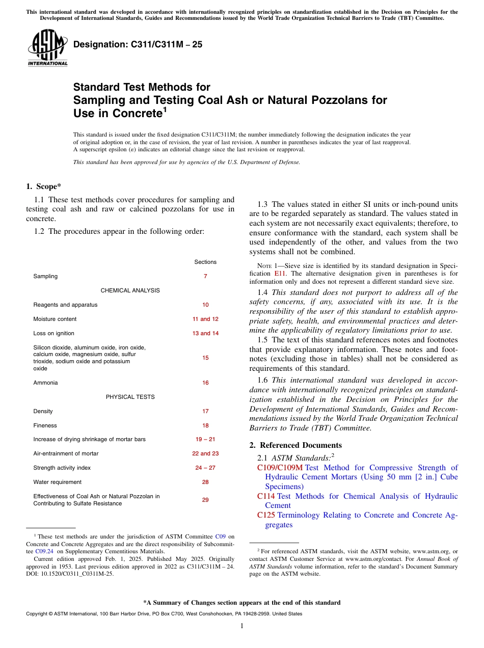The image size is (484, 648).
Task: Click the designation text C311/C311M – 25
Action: click(138, 44)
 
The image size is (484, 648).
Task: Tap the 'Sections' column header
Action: click(205, 262)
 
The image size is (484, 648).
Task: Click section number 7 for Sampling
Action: click(205, 276)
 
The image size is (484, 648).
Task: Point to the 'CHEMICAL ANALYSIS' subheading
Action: click(130, 290)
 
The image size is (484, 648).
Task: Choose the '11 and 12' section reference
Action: click(205, 319)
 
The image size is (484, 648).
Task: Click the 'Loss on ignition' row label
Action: click(53, 333)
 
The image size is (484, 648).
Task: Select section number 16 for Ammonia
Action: click(205, 383)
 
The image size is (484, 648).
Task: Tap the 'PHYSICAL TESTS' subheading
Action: click(130, 397)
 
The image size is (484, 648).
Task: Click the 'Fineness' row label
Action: click(45, 425)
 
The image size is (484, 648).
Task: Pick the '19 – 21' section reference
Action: click(205, 439)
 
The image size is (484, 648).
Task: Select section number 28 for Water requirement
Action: click(205, 482)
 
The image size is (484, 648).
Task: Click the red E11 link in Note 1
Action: click(280, 274)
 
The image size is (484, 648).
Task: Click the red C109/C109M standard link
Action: click(280, 468)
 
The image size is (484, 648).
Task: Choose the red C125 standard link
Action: click(266, 515)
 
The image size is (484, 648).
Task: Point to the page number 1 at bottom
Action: click(242, 626)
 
